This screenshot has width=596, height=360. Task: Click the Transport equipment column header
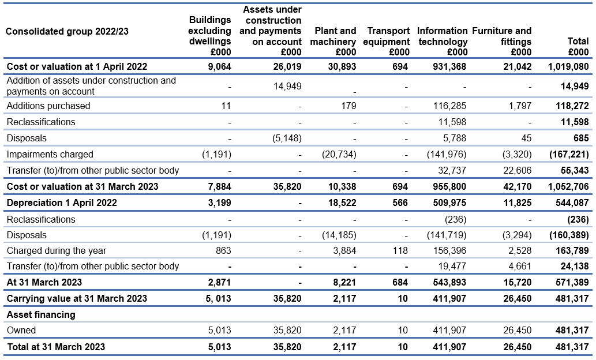[x=386, y=41]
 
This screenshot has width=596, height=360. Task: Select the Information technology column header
[x=443, y=41]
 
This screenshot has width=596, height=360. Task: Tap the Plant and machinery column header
[x=333, y=41]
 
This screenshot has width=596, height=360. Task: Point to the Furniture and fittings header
[x=502, y=41]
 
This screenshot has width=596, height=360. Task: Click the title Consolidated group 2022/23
[x=67, y=31]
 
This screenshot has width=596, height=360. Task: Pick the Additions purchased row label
[x=48, y=106]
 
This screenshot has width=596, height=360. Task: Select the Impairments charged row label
[x=50, y=155]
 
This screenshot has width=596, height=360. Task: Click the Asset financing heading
[x=41, y=315]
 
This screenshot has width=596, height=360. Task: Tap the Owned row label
[x=21, y=331]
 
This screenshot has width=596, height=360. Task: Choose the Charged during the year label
[x=57, y=251]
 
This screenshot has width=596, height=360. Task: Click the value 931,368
[x=449, y=66]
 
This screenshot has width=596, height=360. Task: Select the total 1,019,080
[x=568, y=66]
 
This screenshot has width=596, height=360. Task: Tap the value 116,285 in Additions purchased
[x=449, y=106]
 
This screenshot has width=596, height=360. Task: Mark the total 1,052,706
[x=568, y=187]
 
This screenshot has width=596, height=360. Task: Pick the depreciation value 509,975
[x=449, y=203]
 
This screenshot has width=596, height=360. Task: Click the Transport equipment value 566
[x=400, y=203]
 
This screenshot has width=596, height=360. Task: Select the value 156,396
[x=449, y=251]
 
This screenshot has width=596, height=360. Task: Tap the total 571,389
[x=572, y=283]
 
